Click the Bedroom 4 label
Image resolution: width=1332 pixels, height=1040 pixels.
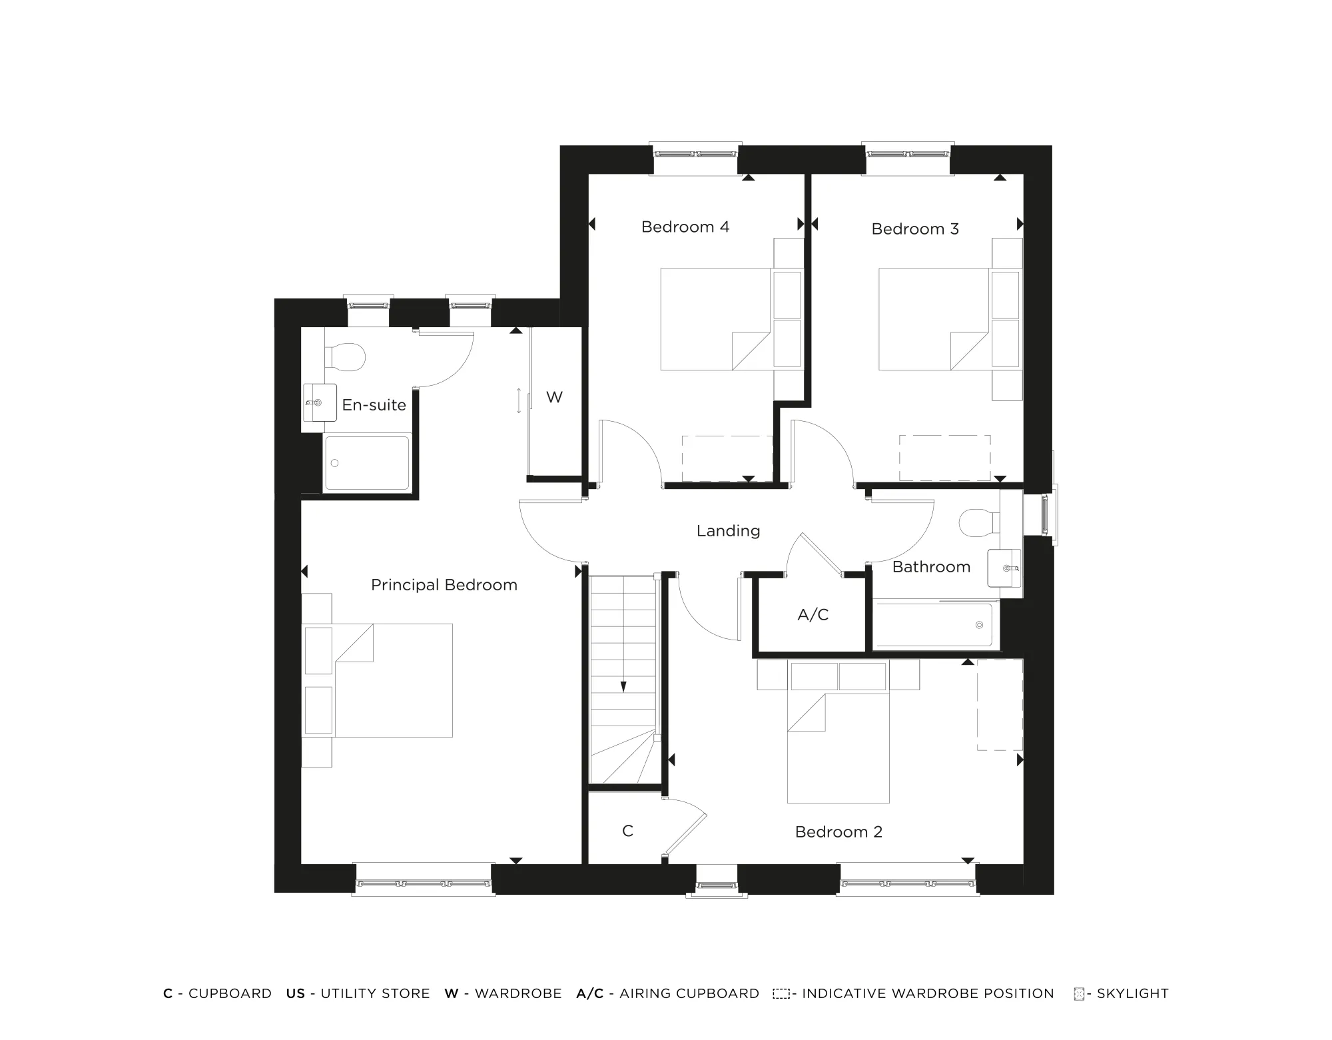tap(685, 227)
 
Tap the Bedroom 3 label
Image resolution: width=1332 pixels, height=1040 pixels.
tap(914, 229)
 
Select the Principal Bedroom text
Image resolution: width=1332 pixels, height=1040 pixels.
tap(444, 585)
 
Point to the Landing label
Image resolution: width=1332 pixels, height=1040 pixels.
tap(728, 531)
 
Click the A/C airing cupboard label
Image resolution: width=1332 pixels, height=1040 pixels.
tap(813, 615)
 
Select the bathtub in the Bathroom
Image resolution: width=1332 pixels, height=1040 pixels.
tap(936, 625)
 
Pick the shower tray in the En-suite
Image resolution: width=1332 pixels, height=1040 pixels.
tap(367, 463)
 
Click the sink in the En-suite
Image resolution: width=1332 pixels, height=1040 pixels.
tap(319, 402)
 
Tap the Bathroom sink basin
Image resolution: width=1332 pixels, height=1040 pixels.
tap(1004, 568)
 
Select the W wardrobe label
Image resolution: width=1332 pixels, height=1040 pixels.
tap(554, 398)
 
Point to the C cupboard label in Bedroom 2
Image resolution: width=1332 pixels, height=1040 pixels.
tap(627, 831)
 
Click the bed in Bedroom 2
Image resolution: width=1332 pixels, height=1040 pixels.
tap(838, 746)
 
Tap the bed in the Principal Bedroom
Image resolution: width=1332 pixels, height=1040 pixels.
tap(393, 680)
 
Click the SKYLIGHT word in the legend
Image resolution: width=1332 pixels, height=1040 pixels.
tap(1132, 993)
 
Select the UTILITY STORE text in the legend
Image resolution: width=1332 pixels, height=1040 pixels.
tap(375, 993)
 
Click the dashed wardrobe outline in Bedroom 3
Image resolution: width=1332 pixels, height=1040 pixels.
tap(944, 458)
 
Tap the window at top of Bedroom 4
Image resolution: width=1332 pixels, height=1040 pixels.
tap(695, 154)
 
